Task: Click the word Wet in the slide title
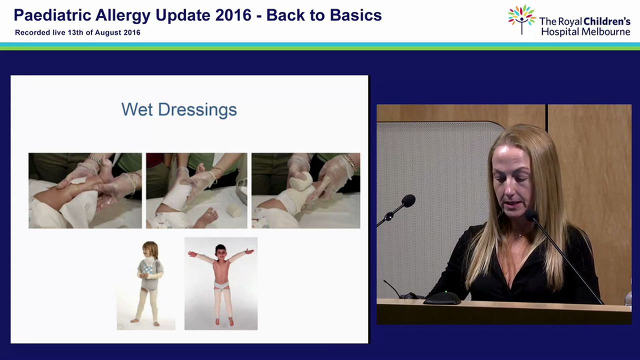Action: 137,109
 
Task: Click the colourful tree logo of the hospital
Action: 521,19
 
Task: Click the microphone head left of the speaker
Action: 408,201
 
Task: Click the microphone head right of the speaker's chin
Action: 531,215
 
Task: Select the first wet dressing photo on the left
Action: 85,190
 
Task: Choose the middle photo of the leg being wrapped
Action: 196,190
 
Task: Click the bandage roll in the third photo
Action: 301,180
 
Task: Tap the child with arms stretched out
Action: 221,283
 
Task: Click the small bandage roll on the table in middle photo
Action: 233,211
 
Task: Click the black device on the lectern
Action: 442,298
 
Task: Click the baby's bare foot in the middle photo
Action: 207,217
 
